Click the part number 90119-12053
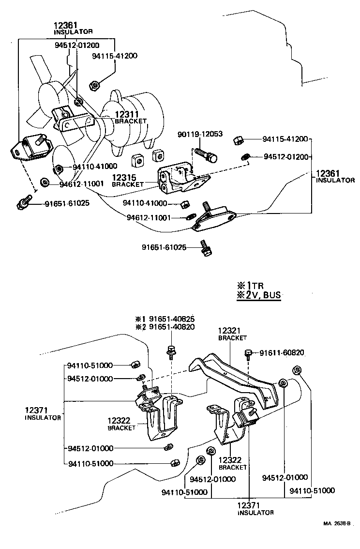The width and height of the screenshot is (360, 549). point(199,133)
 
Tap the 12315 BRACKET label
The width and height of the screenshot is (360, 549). point(128,181)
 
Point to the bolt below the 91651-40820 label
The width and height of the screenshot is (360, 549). point(171,351)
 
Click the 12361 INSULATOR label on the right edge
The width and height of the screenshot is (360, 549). point(335,176)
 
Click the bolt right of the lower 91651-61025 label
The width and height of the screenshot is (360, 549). point(205,249)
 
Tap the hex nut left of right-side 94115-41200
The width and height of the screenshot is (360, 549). point(239,140)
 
